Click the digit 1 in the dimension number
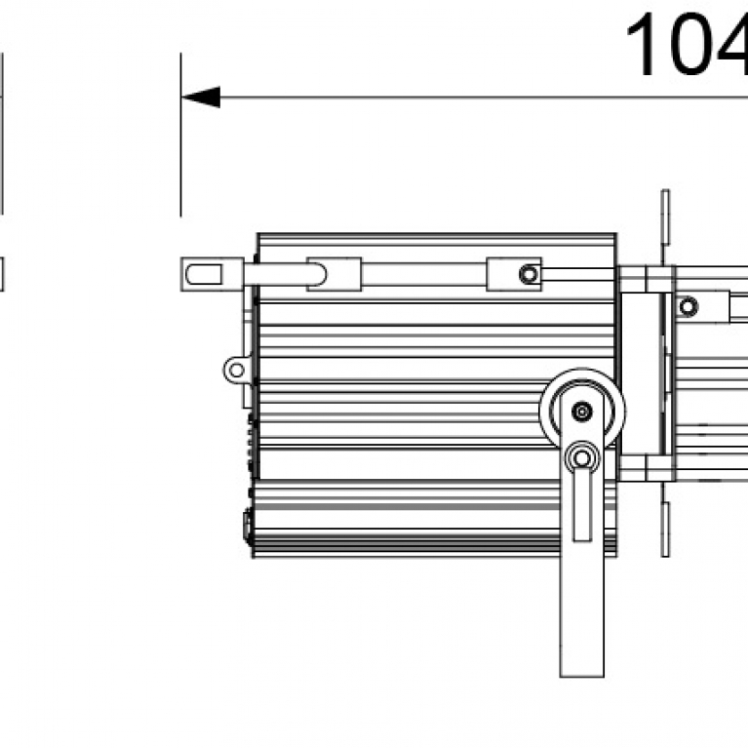pos(645,47)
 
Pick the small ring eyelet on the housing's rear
pos(235,370)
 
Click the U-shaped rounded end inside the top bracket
pos(320,273)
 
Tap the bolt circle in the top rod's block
pos(529,274)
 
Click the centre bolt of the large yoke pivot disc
pos(582,412)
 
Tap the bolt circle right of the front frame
pos(689,307)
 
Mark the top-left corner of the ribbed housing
pos(257,236)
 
